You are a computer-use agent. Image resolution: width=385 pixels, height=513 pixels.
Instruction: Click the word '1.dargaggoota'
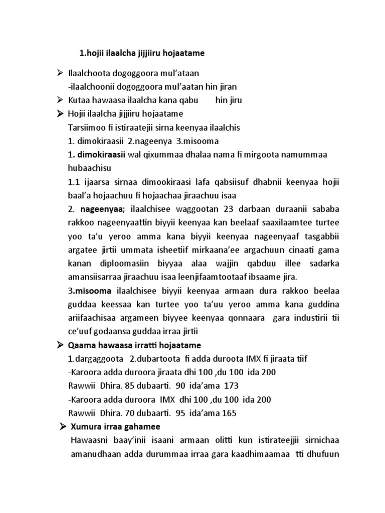click(x=94, y=359)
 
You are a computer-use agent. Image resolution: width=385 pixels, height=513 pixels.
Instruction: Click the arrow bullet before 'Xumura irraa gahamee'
click(x=62, y=426)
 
